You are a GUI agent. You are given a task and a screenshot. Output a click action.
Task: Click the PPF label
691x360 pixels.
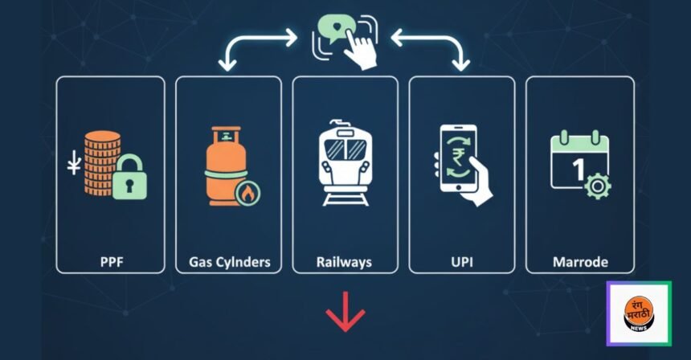coord(110,262)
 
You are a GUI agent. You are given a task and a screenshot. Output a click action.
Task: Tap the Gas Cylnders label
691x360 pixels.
coord(229,262)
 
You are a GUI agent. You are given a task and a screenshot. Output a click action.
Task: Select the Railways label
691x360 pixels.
coord(345,262)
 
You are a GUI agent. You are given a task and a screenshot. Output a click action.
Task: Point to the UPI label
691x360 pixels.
coord(462,262)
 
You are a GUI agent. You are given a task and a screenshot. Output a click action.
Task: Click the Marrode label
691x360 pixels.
coord(580,262)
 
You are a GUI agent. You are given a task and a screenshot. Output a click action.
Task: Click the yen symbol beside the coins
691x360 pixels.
coord(75,167)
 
